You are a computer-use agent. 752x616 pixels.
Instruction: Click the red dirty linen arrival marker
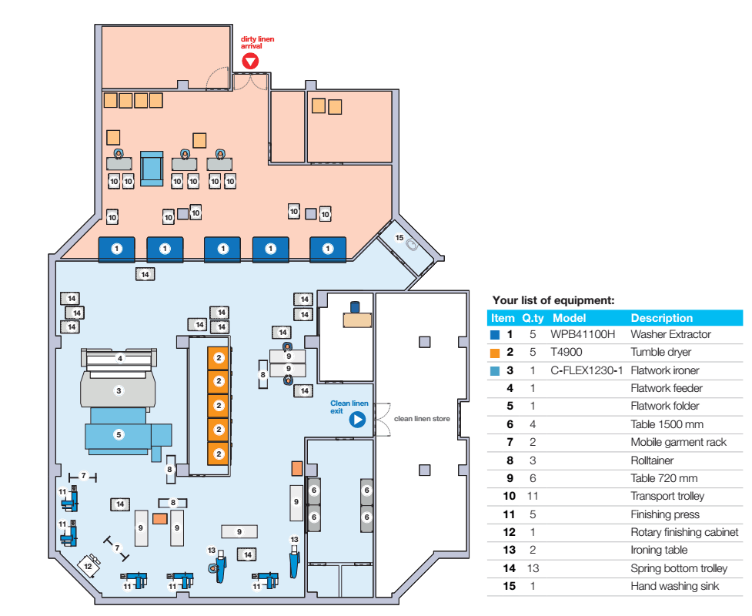[250, 61]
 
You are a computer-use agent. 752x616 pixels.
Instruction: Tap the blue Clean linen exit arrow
[357, 420]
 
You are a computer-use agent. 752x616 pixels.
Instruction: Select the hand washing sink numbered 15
[412, 245]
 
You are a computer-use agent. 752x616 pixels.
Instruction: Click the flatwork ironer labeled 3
[119, 390]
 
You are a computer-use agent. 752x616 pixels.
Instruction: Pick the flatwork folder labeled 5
[128, 434]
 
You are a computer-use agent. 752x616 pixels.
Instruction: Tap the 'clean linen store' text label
[422, 419]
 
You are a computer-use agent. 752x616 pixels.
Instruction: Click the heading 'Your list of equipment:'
[553, 300]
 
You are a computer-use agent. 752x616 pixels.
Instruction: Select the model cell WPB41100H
[583, 334]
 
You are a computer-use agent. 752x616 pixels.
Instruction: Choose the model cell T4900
[567, 352]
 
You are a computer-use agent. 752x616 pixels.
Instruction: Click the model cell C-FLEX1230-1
[587, 370]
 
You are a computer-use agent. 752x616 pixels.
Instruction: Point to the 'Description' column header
[662, 318]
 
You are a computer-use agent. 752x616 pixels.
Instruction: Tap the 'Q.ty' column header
[533, 318]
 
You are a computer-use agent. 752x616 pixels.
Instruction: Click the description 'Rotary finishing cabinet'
[684, 532]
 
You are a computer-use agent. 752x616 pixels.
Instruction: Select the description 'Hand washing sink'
[675, 586]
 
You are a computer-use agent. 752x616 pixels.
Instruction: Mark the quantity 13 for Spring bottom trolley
[533, 568]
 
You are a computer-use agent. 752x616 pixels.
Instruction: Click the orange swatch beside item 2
[495, 353]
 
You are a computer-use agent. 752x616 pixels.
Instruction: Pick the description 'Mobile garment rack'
[679, 442]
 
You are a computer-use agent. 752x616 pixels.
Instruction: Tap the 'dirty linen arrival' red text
[258, 42]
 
